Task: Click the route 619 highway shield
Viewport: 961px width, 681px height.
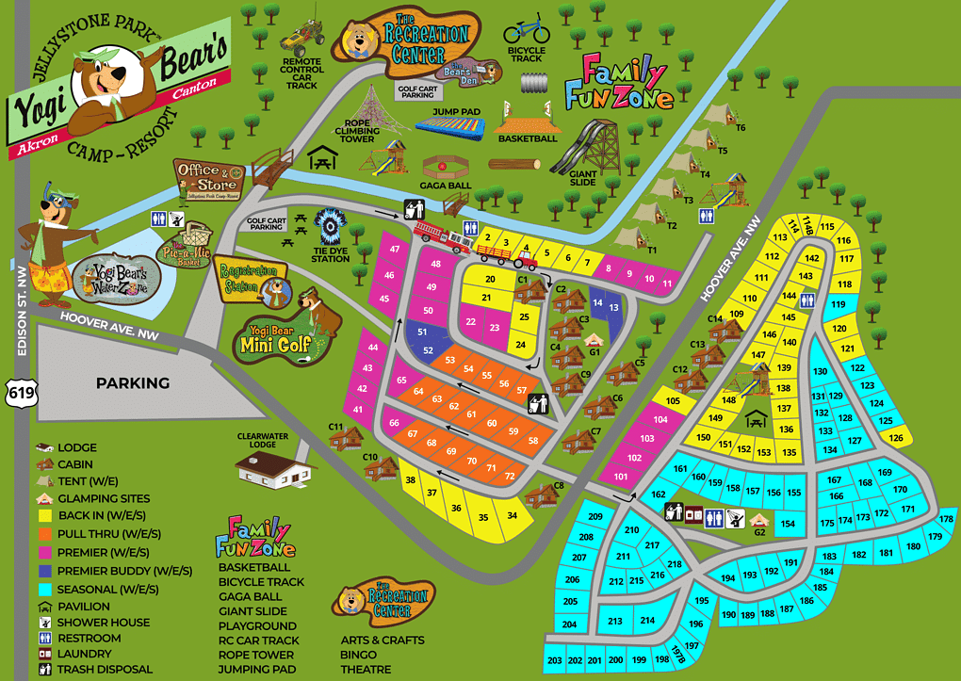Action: coord(17,391)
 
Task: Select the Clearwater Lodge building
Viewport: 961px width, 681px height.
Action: coord(274,467)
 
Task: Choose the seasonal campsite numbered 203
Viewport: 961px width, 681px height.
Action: coord(554,660)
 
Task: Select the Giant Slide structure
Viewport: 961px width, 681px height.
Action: coord(586,147)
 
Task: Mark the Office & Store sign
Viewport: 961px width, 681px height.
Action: coord(209,179)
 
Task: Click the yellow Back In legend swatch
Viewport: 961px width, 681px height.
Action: coord(44,516)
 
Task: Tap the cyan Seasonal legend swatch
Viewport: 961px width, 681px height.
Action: coord(44,590)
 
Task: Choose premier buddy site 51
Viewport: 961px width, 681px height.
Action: coord(422,332)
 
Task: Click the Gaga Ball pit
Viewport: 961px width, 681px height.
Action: coord(446,167)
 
